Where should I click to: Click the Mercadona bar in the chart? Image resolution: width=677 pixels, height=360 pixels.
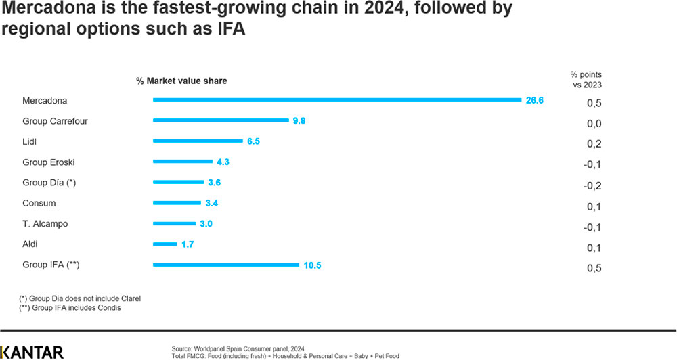336,99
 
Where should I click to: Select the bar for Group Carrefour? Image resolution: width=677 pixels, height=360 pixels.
221,120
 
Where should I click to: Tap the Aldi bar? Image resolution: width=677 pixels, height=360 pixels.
165,244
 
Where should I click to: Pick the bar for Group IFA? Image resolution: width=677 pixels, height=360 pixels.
226,265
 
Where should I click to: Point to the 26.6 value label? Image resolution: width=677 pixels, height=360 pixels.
534,100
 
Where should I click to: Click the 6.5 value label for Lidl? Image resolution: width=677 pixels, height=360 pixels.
253,141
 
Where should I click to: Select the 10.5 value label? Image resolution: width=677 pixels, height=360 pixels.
312,265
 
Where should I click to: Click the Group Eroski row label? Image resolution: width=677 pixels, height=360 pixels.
49,162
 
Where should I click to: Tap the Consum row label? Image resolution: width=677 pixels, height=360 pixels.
39,203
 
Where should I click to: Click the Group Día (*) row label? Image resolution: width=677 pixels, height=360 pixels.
50,183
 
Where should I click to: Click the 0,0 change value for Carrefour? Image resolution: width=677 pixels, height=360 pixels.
594,124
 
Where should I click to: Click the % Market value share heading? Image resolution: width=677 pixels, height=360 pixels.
181,81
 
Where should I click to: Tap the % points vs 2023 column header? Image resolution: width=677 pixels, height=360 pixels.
586,80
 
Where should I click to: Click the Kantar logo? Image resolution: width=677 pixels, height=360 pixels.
32,351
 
